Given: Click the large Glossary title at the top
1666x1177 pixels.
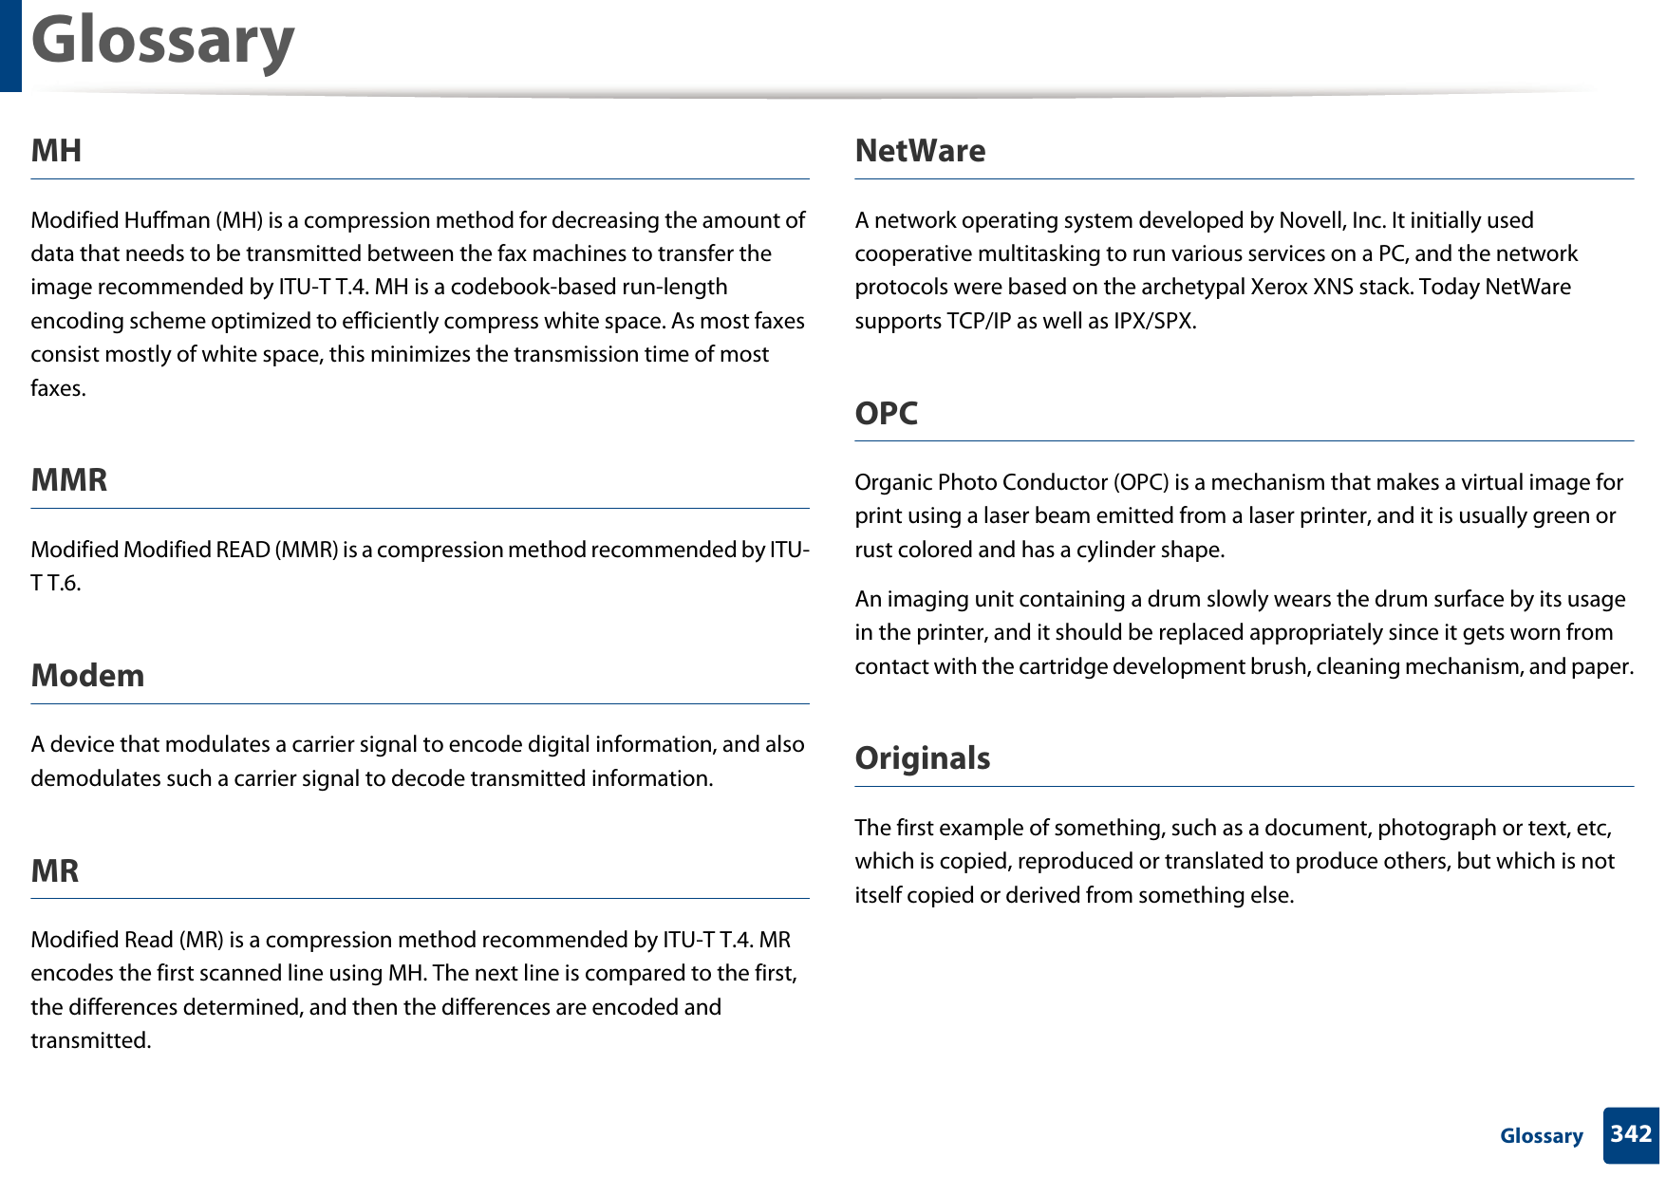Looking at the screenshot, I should click(x=162, y=41).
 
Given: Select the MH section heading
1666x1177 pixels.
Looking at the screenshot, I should click(x=56, y=151).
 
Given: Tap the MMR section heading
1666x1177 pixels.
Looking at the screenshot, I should click(x=69, y=480).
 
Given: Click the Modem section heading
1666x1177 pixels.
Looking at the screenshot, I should click(x=87, y=676).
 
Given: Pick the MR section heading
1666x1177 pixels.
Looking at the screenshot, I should click(x=55, y=871).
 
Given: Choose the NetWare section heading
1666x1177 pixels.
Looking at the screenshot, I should click(x=920, y=151).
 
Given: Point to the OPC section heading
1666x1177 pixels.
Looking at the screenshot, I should click(x=886, y=414).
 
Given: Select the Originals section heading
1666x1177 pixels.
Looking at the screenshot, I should click(x=922, y=758).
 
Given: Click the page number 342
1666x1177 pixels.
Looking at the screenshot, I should click(x=1631, y=1134).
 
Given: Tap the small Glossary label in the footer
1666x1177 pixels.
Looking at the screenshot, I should click(x=1541, y=1136).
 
